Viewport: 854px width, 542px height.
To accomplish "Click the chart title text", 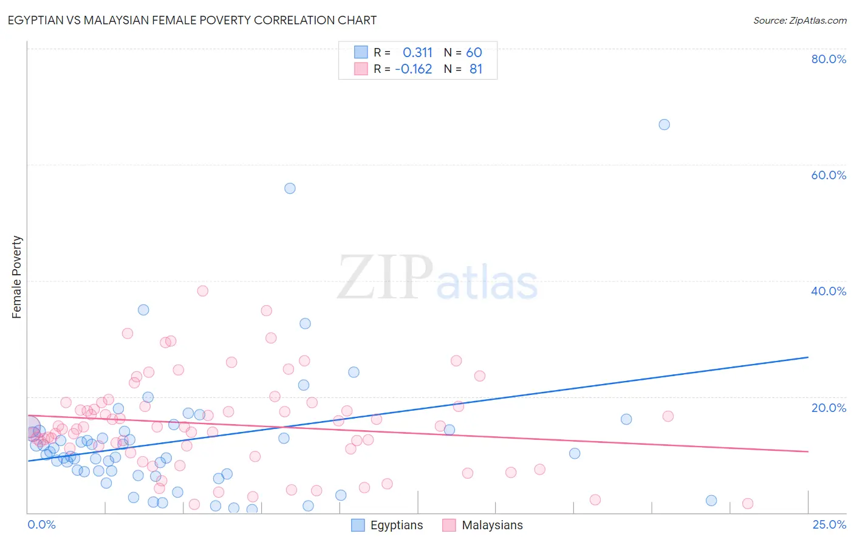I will point(192,20).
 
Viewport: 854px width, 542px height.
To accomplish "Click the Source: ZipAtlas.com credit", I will point(799,20).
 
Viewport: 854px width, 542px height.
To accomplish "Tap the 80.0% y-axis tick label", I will point(828,59).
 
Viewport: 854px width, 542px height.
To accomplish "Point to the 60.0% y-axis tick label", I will point(828,175).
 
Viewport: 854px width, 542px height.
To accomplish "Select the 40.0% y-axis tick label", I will point(828,291).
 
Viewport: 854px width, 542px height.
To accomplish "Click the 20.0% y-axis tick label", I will point(828,407).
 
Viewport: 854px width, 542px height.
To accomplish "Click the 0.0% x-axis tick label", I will point(41,524).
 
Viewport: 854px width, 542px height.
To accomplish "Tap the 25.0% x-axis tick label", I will point(829,524).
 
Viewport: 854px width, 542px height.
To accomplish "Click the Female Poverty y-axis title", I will point(17,277).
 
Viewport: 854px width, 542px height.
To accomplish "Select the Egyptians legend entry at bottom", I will point(388,525).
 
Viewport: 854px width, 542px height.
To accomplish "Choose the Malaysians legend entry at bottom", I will point(482,525).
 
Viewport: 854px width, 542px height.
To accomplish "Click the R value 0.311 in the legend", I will point(417,53).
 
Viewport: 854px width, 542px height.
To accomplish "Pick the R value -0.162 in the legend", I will point(413,69).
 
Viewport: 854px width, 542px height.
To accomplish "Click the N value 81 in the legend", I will point(476,69).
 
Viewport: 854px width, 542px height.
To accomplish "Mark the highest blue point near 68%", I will point(664,125).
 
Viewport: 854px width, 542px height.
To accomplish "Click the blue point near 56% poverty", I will point(290,188).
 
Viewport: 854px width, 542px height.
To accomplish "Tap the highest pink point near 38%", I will point(203,291).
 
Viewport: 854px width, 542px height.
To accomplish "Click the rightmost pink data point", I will point(748,504).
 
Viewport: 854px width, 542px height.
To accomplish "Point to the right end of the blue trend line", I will point(807,357).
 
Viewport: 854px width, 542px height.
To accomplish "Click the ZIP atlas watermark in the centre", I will point(437,278).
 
